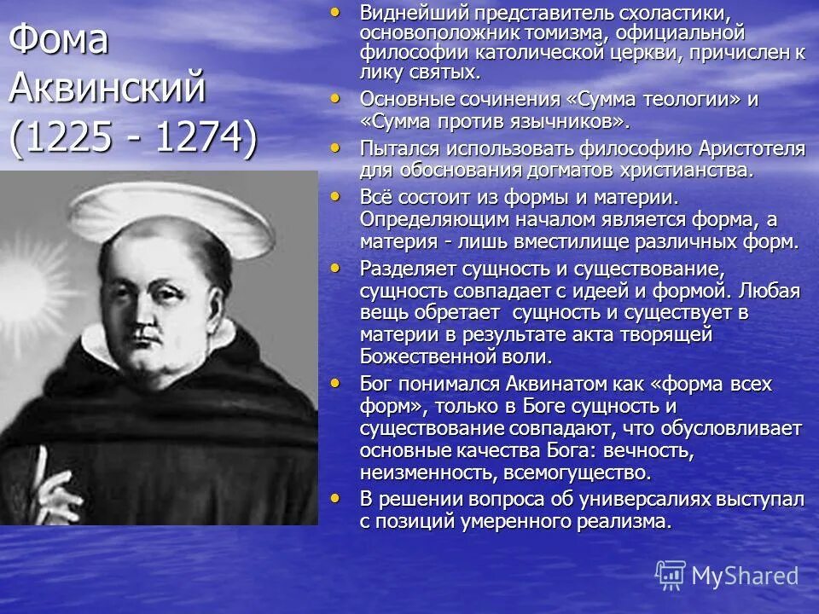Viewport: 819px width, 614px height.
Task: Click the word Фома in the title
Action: [60, 41]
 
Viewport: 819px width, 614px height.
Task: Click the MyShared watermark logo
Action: [728, 576]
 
